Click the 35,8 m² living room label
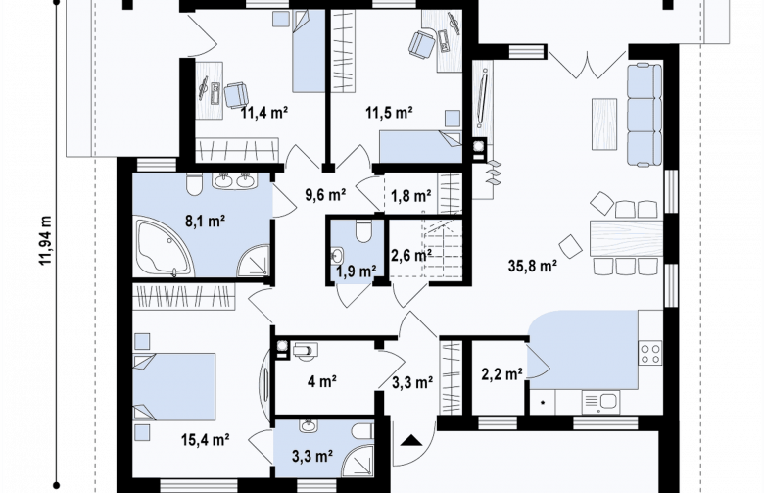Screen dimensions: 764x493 coord(533,266)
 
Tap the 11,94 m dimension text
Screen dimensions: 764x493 coord(46,240)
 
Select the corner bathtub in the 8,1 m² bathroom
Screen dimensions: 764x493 coord(164,248)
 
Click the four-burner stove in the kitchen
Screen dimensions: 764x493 coord(650,353)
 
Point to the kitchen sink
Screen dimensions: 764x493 coord(600,402)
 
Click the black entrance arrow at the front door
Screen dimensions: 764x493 coord(411,440)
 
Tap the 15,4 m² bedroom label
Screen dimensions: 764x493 coord(206,440)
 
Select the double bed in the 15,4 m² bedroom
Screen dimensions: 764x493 coord(174,387)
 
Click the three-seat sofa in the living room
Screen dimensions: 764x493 coord(645,114)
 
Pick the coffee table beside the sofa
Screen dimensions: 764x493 coord(604,123)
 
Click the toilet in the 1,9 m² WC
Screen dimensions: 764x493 coord(363,231)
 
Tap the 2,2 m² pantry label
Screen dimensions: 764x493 coord(502,374)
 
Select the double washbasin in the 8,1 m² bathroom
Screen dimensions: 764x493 coord(233,180)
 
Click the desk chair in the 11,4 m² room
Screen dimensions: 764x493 coord(236,94)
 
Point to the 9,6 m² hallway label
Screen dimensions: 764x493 coord(325,195)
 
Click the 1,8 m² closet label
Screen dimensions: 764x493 coord(410,196)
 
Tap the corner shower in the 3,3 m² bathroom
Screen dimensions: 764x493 coord(358,461)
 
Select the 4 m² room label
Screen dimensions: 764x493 coord(322,381)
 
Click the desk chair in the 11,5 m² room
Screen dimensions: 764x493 coord(421,43)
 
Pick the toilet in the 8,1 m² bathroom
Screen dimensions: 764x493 coord(194,184)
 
